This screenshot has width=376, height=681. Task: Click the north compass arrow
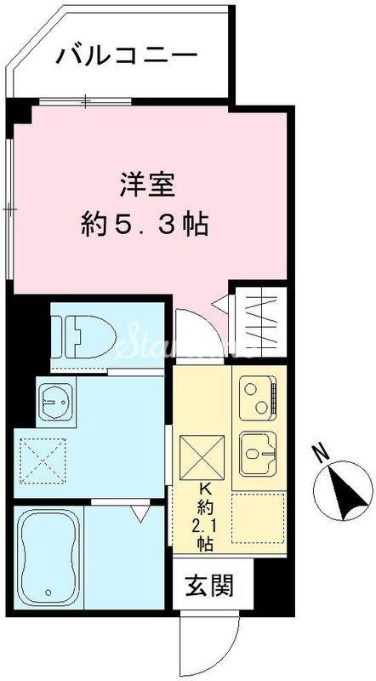pyautogui.click(x=343, y=491)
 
